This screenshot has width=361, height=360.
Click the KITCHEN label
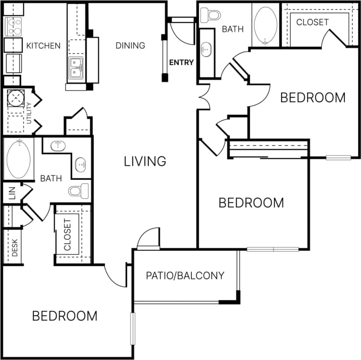[x=43, y=46]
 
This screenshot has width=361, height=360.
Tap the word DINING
[x=130, y=45]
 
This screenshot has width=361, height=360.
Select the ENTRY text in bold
[x=181, y=62]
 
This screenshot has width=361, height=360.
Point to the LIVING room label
[x=145, y=161]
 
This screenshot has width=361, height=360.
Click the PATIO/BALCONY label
[x=185, y=275]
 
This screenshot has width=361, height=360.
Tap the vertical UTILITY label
[x=29, y=113]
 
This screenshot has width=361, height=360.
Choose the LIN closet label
[x=12, y=193]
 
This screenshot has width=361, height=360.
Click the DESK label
[x=14, y=247]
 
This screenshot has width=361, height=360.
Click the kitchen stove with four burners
[x=13, y=26]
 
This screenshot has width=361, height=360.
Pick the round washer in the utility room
[x=16, y=98]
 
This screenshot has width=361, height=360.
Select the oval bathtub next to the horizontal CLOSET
[x=265, y=24]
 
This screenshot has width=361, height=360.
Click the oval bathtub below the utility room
[x=18, y=159]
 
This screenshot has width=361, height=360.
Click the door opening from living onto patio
[x=148, y=239]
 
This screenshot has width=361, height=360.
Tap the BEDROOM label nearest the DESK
[x=65, y=316]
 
